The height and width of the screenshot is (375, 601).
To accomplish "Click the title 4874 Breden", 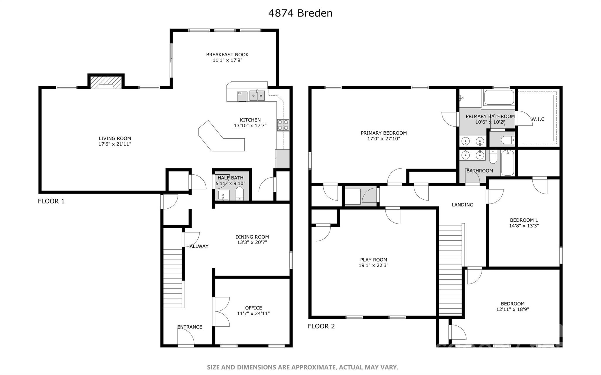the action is click(x=300, y=13).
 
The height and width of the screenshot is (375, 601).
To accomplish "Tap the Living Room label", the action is click(x=115, y=138).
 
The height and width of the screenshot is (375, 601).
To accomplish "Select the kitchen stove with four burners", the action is click(x=283, y=125).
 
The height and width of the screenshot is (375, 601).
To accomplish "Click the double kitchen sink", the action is click(x=257, y=96).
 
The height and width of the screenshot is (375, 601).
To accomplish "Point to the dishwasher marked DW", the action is click(x=242, y=96).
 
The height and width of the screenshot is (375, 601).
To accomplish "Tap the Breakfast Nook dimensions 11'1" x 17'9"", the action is click(x=227, y=60).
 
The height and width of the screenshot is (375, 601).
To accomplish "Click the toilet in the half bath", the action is click(x=240, y=194).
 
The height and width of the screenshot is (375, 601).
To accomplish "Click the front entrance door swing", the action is click(x=186, y=336).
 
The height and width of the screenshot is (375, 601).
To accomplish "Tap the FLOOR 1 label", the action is click(x=51, y=201).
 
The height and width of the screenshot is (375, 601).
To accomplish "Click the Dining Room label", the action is click(x=252, y=237).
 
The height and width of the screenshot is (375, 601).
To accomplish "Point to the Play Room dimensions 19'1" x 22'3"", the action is click(x=374, y=265).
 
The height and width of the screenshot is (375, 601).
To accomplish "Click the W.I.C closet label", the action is click(x=538, y=119).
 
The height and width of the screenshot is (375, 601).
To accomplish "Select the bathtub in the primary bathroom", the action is click(x=499, y=98).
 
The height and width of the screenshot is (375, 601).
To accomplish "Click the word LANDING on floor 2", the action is click(x=462, y=205).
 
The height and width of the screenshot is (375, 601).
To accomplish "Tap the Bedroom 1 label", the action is click(x=524, y=220).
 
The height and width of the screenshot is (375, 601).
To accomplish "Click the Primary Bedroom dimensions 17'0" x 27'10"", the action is click(x=384, y=139).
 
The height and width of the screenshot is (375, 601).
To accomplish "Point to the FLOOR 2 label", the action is click(x=321, y=326).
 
